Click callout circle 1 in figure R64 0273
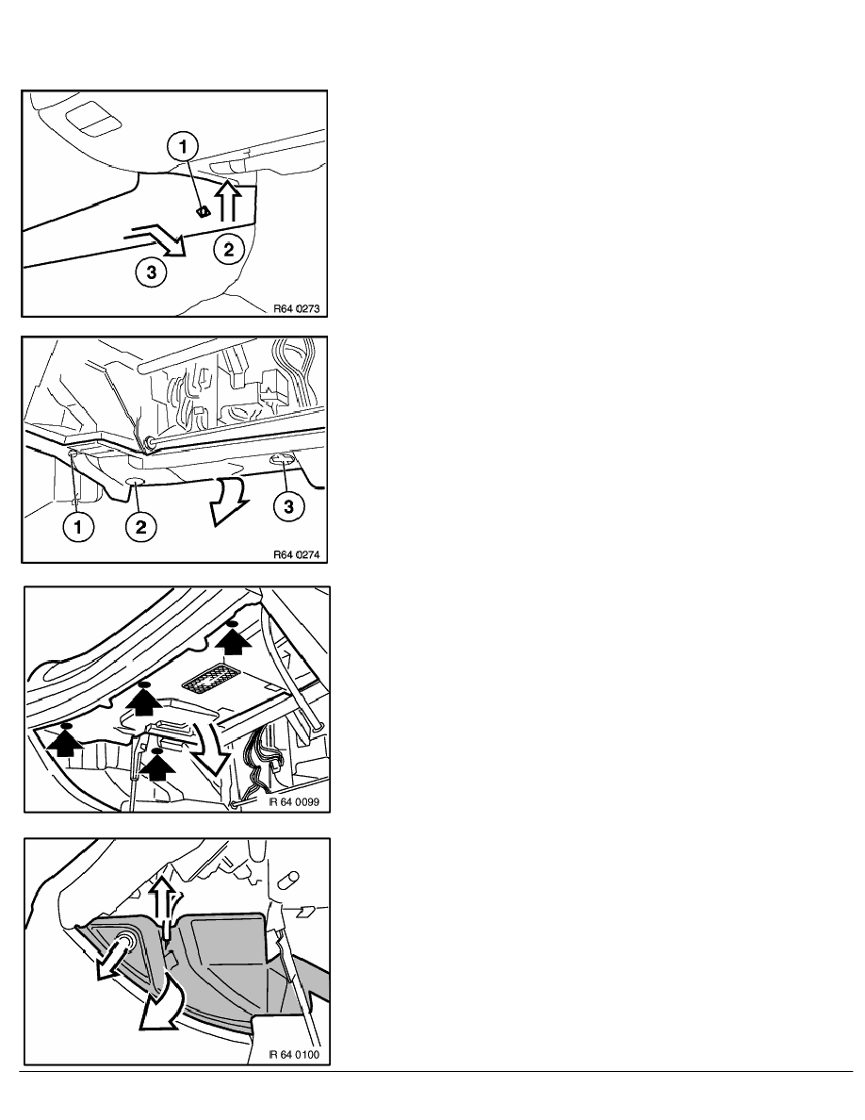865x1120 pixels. [184, 147]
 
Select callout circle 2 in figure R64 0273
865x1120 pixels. [229, 249]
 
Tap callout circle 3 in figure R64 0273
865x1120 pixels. [152, 272]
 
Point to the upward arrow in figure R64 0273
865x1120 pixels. [228, 200]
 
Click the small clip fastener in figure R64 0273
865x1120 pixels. [203, 211]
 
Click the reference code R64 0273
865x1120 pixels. [297, 309]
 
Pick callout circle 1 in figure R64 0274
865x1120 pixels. [78, 527]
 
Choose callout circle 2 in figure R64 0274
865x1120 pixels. [140, 527]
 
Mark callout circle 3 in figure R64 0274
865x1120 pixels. [288, 506]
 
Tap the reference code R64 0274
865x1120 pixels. [297, 555]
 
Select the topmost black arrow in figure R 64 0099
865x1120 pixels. [234, 638]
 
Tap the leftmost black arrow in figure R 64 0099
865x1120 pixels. [66, 740]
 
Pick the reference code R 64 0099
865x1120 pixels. [294, 802]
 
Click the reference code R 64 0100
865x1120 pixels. [294, 1054]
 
